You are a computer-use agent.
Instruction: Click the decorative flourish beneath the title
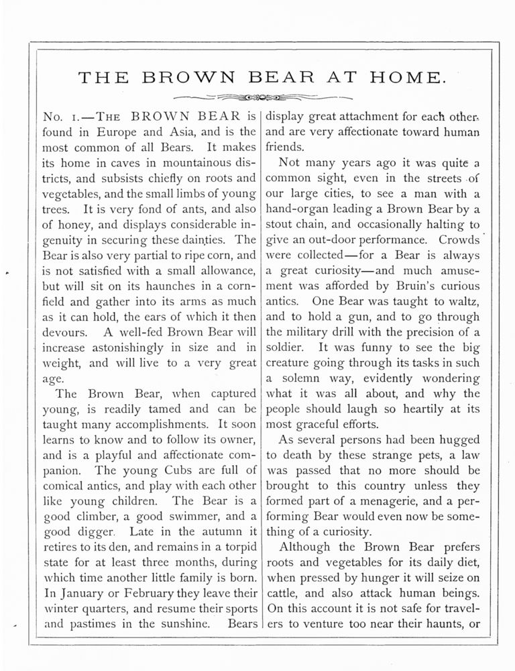(x=257, y=95)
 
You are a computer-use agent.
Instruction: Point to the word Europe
(x=109, y=132)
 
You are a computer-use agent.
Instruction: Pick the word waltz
(x=463, y=301)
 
